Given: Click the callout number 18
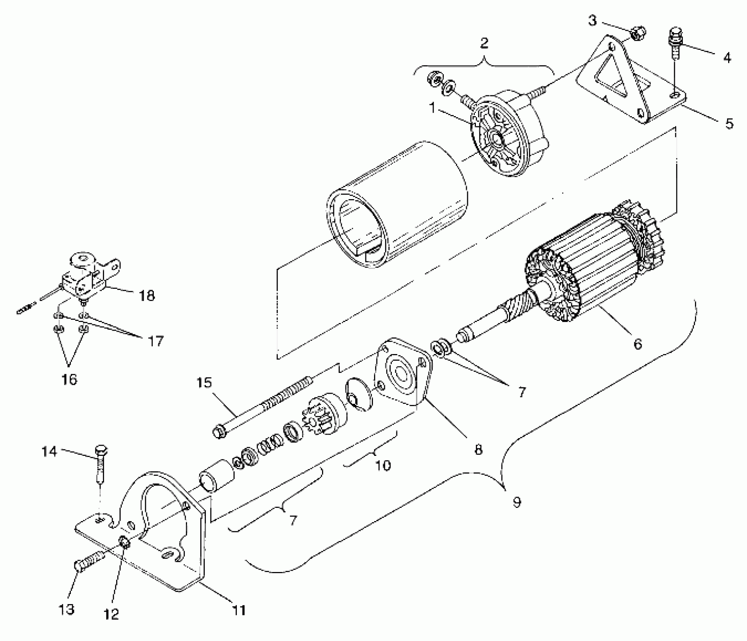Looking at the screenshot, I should pos(147,296).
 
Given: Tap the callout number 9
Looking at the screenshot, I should pos(517,502).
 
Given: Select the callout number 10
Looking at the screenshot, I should pos(383,465).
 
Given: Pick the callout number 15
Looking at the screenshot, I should pos(204,383).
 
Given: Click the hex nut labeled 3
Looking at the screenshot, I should pos(638,34).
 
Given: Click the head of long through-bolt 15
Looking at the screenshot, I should pos(220,431).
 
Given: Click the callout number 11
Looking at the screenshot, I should pos(239,610).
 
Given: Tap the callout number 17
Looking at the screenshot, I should pos(155,341).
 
